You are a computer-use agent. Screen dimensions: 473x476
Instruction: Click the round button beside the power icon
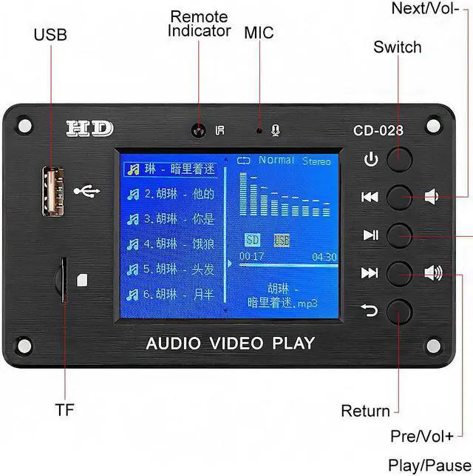click(x=399, y=159)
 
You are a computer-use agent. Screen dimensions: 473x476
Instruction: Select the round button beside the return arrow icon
click(x=399, y=311)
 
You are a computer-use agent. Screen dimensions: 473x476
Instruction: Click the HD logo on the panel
click(x=90, y=128)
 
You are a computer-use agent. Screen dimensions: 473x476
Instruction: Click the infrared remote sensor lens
click(x=197, y=131)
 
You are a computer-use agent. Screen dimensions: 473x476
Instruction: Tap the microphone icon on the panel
click(x=276, y=130)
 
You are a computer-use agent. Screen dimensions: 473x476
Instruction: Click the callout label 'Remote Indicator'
click(x=199, y=24)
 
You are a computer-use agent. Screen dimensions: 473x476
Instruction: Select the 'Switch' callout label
click(x=397, y=47)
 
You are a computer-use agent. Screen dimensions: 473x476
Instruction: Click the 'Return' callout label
click(x=365, y=411)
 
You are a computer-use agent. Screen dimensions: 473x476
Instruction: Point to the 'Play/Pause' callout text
click(x=429, y=465)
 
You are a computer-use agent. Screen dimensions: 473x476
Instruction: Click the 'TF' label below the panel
click(x=64, y=409)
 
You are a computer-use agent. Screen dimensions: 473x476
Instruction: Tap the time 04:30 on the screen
click(x=324, y=257)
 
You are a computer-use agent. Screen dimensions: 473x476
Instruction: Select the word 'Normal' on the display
click(x=276, y=160)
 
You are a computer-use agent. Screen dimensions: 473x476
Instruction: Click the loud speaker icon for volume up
click(x=433, y=273)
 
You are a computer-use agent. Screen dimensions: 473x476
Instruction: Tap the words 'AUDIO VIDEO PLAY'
click(x=230, y=343)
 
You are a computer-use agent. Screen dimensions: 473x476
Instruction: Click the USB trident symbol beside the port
click(x=86, y=192)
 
